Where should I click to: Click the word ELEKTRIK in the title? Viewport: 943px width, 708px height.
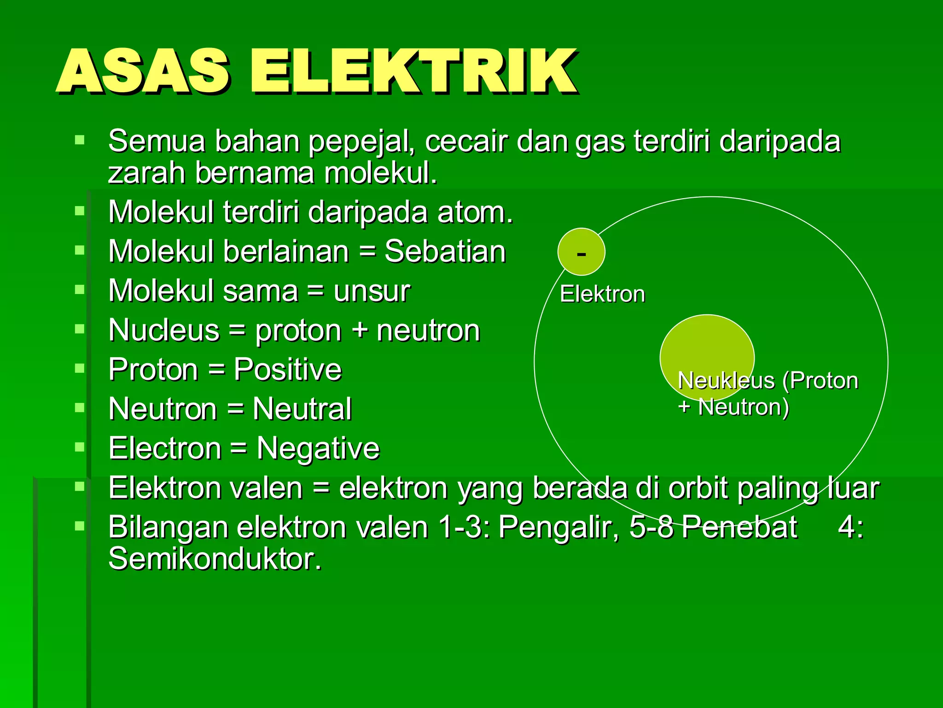pyautogui.click(x=413, y=71)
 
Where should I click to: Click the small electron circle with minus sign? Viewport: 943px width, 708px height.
pyautogui.click(x=581, y=252)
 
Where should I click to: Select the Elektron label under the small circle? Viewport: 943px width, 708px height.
pyautogui.click(x=602, y=294)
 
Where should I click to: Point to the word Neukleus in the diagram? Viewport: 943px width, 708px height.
pyautogui.click(x=726, y=381)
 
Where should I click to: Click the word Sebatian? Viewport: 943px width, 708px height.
pyautogui.click(x=445, y=252)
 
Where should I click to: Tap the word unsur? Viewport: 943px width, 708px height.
pyautogui.click(x=371, y=291)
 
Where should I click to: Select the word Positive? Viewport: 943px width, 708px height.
pyautogui.click(x=287, y=370)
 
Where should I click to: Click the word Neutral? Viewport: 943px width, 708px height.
pyautogui.click(x=302, y=409)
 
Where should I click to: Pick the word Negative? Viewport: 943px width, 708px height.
pyautogui.click(x=318, y=448)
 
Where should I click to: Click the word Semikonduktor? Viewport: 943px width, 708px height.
pyautogui.click(x=215, y=559)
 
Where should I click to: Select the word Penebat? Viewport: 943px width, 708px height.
pyautogui.click(x=739, y=527)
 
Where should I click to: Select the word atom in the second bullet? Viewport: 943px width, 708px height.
pyautogui.click(x=474, y=212)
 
